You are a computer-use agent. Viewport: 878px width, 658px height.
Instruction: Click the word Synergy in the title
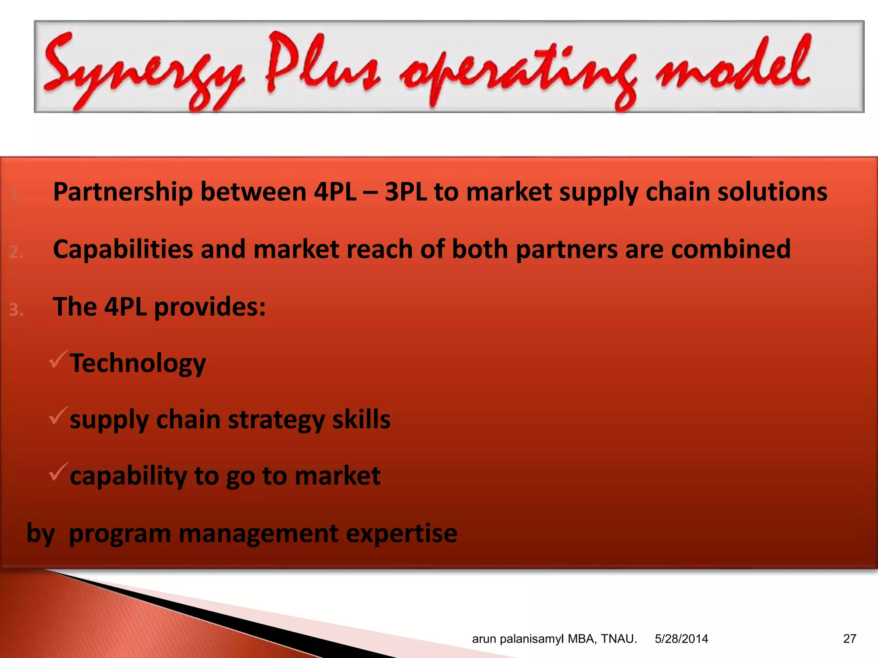coord(144,71)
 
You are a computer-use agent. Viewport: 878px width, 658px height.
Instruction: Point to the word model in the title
coord(733,66)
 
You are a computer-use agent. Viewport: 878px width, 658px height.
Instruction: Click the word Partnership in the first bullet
coord(123,192)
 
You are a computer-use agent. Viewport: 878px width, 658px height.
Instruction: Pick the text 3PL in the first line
coord(405,191)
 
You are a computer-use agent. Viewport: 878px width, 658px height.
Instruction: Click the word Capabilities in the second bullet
coord(123,249)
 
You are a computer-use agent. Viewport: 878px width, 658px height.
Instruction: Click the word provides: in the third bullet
coord(210,307)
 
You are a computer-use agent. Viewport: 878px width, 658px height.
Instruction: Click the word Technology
coord(138,364)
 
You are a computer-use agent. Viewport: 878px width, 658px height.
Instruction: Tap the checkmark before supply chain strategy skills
coord(58,416)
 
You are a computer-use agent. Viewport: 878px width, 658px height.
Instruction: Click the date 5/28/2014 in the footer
coord(681,639)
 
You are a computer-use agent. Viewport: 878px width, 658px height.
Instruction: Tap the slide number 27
coord(849,639)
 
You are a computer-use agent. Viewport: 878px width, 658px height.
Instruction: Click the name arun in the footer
coord(484,639)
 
